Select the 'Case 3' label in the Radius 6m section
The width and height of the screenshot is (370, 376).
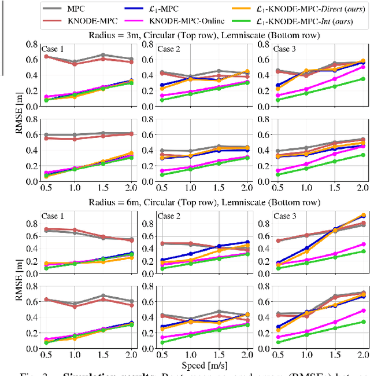coord(285,216)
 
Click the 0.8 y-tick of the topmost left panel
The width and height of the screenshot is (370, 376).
coord(31,43)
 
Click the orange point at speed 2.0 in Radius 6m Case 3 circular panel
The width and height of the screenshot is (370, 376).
coord(362,215)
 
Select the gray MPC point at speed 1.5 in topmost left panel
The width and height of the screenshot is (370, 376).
coord(103,55)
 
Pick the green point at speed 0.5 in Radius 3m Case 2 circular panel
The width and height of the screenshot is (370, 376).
coord(162,100)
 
